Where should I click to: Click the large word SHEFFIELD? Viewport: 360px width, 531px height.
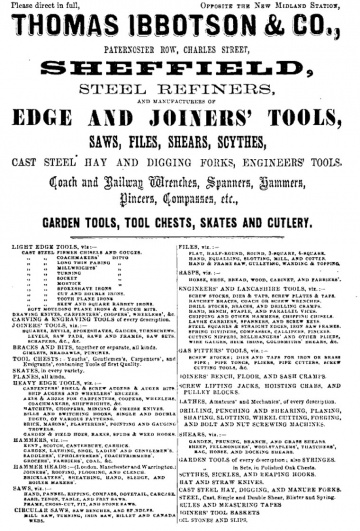click(x=181, y=84)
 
